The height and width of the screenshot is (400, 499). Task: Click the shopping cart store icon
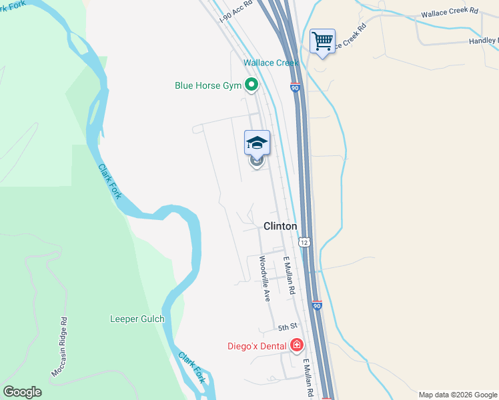pos(323,41)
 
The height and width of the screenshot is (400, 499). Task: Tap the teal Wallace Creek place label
pos(271,63)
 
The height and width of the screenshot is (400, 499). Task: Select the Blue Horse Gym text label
pos(207,85)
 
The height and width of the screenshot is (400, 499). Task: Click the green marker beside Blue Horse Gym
pos(252,85)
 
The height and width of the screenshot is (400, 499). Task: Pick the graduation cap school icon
pos(257,142)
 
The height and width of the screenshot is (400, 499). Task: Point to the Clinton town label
pos(280,226)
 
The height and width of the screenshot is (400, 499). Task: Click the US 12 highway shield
pos(304,242)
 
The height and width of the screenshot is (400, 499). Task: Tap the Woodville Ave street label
pos(264,279)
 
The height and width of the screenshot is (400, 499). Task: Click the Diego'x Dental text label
pos(256,346)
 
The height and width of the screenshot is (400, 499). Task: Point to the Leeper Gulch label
pos(137,319)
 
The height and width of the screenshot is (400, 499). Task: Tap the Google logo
pos(22,392)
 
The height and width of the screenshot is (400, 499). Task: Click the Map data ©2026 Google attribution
pos(458,395)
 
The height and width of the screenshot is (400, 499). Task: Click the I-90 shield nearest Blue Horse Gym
pos(295,87)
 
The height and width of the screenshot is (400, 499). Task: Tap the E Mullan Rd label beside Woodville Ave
pos(289,276)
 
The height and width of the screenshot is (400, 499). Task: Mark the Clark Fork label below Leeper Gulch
pos(191,367)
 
